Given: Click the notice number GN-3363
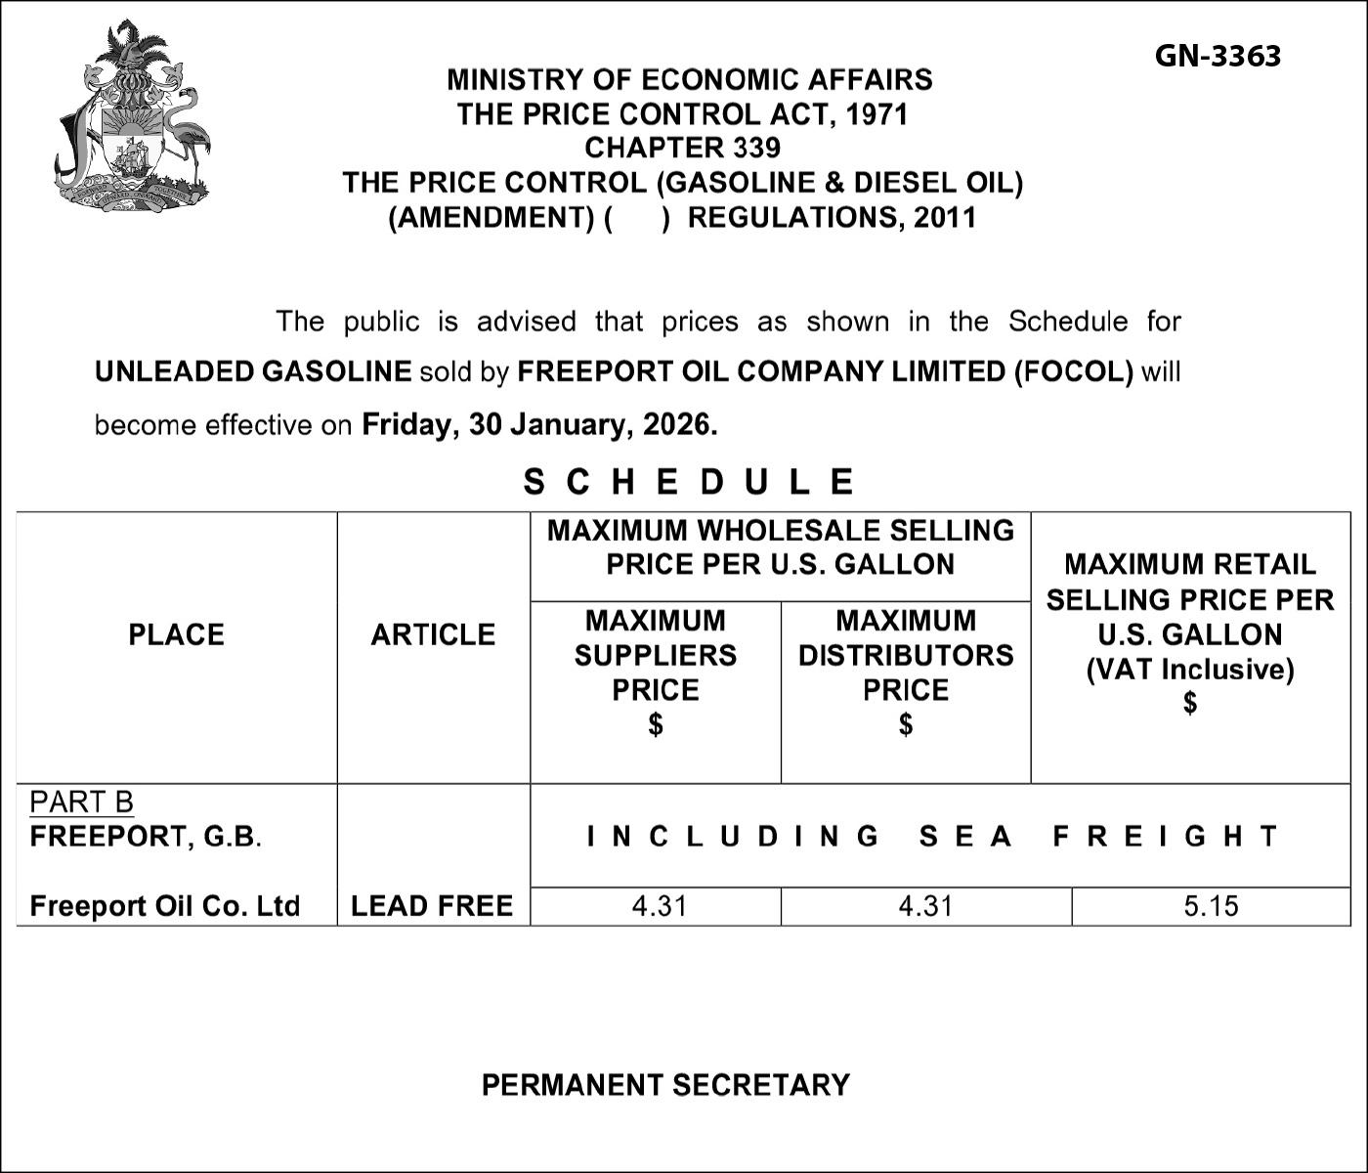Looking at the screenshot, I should coord(1217,56).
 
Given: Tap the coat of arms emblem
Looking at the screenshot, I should coord(133,115).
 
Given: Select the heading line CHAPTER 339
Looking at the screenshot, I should coord(682,148).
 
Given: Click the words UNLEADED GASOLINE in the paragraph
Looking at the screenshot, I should coord(253,371).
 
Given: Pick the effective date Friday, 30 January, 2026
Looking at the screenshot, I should coord(539,424).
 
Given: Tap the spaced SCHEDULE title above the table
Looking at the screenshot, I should coord(689,481).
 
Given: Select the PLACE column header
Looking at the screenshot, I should coord(176,634).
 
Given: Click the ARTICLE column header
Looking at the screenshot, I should coord(433,634).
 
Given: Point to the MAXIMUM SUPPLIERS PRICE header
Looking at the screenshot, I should coord(655,655).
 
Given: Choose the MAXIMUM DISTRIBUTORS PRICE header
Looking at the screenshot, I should coord(906,655).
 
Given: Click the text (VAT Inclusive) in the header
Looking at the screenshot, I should coord(1190,670).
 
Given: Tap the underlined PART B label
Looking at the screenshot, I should coord(81,802).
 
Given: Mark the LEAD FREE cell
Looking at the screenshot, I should coord(432,906).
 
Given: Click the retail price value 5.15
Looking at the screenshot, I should coord(1211,906).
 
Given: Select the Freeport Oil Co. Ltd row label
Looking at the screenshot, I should coord(164,906).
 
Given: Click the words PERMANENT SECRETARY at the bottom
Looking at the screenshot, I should coord(665,1085).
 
